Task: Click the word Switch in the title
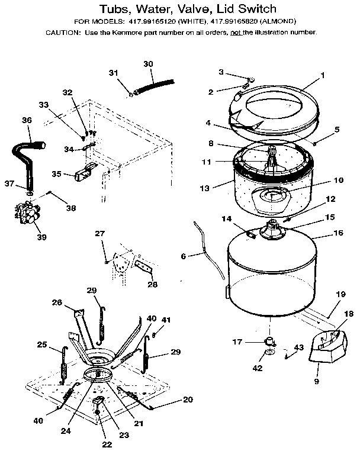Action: (253, 9)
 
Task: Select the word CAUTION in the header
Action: (62, 33)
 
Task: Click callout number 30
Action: (148, 63)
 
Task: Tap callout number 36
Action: (27, 120)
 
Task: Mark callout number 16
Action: (338, 233)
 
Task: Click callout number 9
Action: (316, 382)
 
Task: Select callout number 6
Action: (184, 256)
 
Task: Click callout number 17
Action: (237, 342)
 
